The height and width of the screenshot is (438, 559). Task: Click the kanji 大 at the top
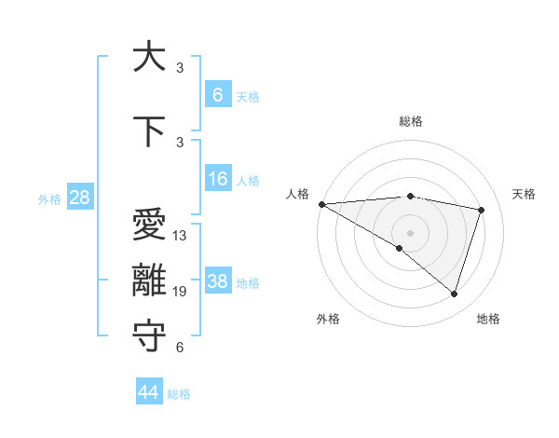click(x=149, y=58)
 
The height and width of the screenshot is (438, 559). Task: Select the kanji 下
click(x=149, y=131)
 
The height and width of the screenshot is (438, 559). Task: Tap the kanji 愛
click(x=149, y=226)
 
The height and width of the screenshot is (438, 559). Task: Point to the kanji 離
click(x=149, y=281)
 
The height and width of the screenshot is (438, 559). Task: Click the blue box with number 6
click(x=218, y=94)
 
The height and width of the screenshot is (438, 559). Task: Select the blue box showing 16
click(x=218, y=179)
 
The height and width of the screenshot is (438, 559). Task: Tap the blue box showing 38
click(x=218, y=281)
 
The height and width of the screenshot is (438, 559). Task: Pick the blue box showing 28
click(x=80, y=198)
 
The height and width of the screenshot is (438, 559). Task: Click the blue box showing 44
click(x=149, y=392)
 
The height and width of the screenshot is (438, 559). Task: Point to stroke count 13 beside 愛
click(x=180, y=236)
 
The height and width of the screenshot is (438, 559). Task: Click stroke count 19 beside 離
click(x=180, y=292)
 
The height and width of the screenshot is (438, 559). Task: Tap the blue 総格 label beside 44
click(x=179, y=394)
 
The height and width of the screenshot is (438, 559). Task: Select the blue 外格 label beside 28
click(x=49, y=198)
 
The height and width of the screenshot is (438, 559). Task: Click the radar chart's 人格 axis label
click(x=297, y=194)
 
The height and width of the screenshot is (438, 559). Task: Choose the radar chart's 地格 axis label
click(x=488, y=319)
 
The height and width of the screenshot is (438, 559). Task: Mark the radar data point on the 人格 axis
click(x=321, y=203)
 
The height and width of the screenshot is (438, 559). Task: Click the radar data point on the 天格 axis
click(x=482, y=210)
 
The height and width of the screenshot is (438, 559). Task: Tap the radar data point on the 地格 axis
click(x=454, y=294)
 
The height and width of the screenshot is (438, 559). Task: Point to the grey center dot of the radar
click(x=410, y=231)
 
